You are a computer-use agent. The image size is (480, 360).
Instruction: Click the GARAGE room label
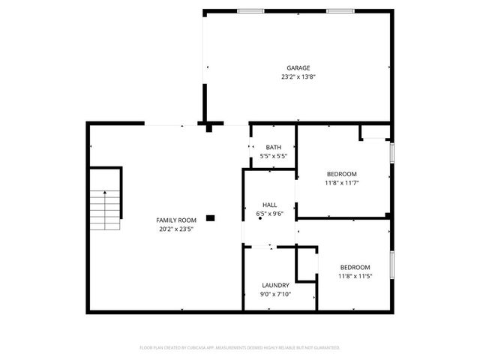298,67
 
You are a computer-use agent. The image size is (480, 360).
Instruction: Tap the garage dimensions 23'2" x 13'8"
298,76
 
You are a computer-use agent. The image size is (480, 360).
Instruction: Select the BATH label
274,147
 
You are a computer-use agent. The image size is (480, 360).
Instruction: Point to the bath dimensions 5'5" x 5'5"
274,156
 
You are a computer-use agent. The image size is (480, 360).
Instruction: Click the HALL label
270,205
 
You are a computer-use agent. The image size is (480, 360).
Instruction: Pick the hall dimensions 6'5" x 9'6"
270,214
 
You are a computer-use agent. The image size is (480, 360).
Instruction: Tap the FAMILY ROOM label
176,220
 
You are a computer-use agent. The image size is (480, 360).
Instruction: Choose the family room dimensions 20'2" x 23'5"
176,229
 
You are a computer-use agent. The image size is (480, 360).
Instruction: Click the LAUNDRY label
275,285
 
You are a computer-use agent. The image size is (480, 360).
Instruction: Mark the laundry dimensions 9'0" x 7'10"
275,294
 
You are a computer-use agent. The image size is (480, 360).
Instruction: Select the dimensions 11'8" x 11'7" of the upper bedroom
341,182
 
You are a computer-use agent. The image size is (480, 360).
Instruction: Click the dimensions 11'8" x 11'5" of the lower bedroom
355,276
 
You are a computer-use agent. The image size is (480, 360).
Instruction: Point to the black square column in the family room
211,218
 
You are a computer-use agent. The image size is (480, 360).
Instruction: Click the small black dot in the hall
260,218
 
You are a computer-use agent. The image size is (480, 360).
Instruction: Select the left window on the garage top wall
250,10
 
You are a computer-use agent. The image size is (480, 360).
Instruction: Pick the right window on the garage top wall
340,10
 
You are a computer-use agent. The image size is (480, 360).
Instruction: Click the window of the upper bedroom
391,160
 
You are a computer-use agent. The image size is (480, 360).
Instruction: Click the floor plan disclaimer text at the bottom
240,348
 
